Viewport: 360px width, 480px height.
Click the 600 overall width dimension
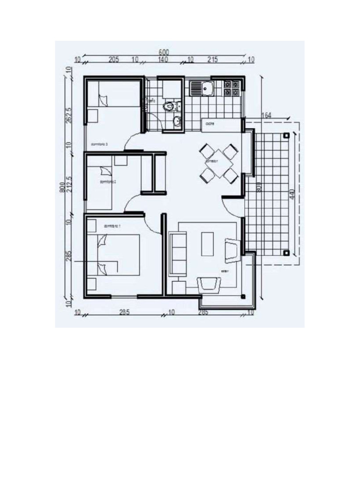[164, 52]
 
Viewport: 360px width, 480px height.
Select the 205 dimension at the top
[113, 60]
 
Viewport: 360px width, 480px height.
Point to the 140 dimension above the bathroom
[163, 60]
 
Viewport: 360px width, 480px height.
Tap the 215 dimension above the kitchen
[212, 60]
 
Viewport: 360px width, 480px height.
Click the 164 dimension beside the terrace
[266, 115]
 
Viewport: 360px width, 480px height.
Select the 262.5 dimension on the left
[68, 115]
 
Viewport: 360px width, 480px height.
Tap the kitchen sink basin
[206, 88]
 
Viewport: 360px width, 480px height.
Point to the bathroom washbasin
[177, 122]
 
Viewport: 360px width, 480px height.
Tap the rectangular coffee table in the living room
[208, 244]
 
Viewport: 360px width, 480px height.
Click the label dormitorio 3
[99, 144]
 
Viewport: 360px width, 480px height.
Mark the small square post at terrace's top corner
[285, 135]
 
